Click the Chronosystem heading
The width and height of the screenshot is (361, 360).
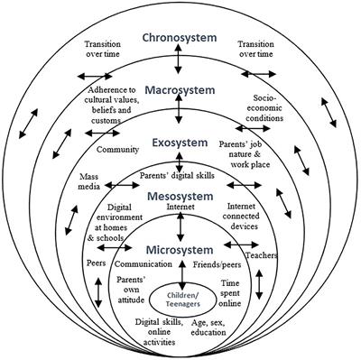point(180,38)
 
